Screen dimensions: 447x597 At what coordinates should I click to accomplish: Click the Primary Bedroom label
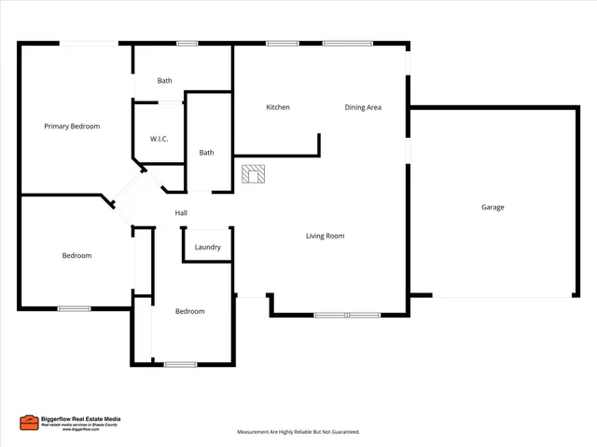pyautogui.click(x=72, y=126)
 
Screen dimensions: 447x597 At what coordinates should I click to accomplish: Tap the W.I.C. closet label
pyautogui.click(x=159, y=139)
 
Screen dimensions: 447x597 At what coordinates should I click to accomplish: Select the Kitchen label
pyautogui.click(x=278, y=107)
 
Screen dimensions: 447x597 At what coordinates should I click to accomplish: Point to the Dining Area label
pyautogui.click(x=363, y=107)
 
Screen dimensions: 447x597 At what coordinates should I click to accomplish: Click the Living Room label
pyautogui.click(x=325, y=236)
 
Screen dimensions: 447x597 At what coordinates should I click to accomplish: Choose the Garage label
pyautogui.click(x=493, y=207)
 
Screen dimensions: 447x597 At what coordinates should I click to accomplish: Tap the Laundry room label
pyautogui.click(x=207, y=247)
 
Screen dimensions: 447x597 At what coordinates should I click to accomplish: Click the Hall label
pyautogui.click(x=181, y=213)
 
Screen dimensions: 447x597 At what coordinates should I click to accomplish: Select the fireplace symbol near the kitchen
pyautogui.click(x=254, y=173)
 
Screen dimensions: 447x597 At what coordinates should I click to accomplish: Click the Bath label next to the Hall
pyautogui.click(x=206, y=153)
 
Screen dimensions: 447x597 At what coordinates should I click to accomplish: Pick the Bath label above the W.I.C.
pyautogui.click(x=164, y=81)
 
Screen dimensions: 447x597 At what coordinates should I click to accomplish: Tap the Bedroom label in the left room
pyautogui.click(x=76, y=255)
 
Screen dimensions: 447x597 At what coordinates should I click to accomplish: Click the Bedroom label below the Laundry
pyautogui.click(x=189, y=311)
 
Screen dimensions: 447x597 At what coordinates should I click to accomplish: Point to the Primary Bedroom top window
pyautogui.click(x=90, y=43)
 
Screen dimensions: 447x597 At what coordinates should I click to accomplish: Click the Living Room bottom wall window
pyautogui.click(x=347, y=315)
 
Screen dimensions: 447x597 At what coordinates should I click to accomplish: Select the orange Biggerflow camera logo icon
pyautogui.click(x=29, y=423)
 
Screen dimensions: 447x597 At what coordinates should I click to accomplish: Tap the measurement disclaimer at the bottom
pyautogui.click(x=298, y=432)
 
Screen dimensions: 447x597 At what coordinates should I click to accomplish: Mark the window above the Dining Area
pyautogui.click(x=347, y=43)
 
